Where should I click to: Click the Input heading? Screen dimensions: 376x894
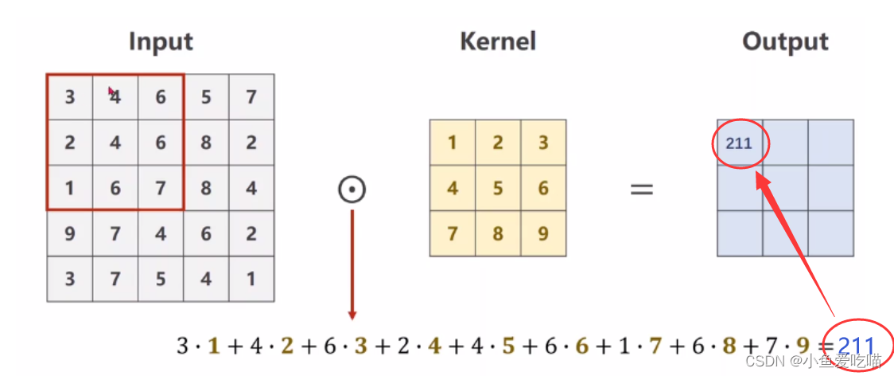click(161, 41)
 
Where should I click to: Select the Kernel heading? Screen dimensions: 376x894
click(498, 41)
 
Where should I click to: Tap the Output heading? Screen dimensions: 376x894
click(785, 41)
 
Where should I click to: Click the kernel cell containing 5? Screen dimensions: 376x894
click(498, 189)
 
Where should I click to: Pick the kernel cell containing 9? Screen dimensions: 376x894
click(543, 234)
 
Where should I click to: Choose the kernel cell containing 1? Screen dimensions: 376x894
click(453, 143)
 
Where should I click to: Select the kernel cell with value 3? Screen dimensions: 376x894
click(543, 143)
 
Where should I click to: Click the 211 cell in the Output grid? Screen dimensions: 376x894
click(739, 144)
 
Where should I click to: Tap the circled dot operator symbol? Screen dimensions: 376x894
click(352, 190)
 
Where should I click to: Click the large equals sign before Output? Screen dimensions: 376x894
click(642, 190)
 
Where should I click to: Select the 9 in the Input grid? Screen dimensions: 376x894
click(70, 234)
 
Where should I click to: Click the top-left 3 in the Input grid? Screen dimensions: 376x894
click(70, 97)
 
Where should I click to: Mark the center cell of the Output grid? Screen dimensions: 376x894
click(785, 189)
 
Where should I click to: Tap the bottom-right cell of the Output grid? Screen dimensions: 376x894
click(830, 234)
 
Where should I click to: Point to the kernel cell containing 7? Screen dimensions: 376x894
click(453, 234)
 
